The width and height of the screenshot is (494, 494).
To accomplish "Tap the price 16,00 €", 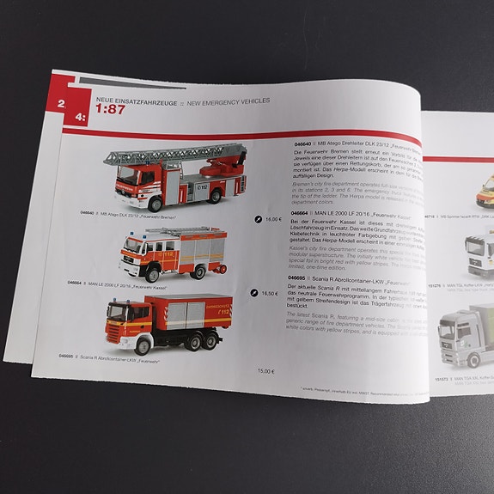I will pos(272,219).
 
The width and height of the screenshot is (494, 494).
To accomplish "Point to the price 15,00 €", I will pos(265,370).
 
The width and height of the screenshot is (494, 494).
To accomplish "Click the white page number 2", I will pos(61,105).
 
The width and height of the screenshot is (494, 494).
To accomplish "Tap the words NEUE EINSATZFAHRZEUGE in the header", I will pos(129,100).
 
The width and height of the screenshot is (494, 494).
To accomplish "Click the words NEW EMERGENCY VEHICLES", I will pos(228,101).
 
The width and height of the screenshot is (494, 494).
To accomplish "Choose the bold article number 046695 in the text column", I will pos(297,278).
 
